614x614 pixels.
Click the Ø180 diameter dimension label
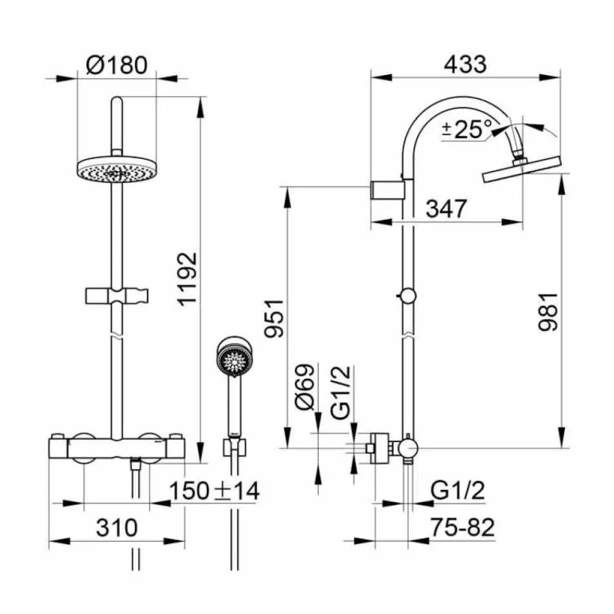pyautogui.click(x=117, y=65)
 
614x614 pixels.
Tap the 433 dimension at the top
pyautogui.click(x=465, y=64)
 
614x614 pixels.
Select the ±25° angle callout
pyautogui.click(x=467, y=129)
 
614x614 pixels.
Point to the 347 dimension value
pyautogui.click(x=446, y=209)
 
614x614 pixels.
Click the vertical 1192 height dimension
pyautogui.click(x=187, y=279)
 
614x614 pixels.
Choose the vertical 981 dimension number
pyautogui.click(x=548, y=312)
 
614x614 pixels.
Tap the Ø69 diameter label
pyautogui.click(x=305, y=387)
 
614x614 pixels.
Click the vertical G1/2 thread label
pyautogui.click(x=341, y=393)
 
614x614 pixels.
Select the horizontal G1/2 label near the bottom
pyautogui.click(x=458, y=490)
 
